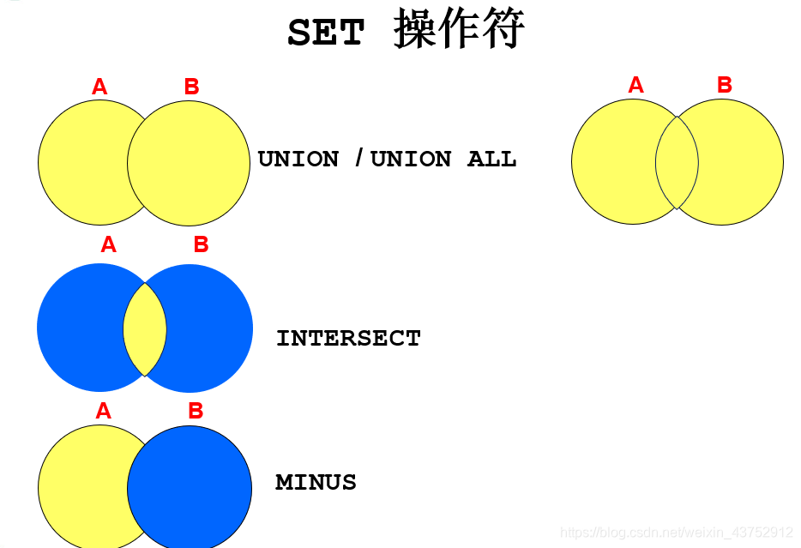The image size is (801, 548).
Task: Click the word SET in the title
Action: [x=325, y=34]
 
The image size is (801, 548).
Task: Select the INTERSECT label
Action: [x=348, y=338]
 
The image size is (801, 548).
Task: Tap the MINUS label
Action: [x=316, y=482]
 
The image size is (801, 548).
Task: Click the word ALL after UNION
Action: [x=491, y=159]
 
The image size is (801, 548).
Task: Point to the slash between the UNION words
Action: [x=358, y=159]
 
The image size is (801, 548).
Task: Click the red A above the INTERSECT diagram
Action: [x=108, y=244]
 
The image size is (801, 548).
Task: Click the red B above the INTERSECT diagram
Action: [x=201, y=244]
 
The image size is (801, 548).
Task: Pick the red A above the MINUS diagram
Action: [x=103, y=411]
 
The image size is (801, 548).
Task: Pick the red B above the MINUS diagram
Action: [x=196, y=411]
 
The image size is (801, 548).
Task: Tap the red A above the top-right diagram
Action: [x=635, y=85]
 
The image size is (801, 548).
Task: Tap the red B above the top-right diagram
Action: [x=725, y=85]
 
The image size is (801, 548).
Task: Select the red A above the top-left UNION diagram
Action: [x=99, y=87]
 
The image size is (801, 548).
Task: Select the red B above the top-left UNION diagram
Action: [x=191, y=87]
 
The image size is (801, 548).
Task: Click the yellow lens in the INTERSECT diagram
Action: [x=145, y=328]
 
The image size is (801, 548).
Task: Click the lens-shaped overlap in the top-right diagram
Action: [x=677, y=162]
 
